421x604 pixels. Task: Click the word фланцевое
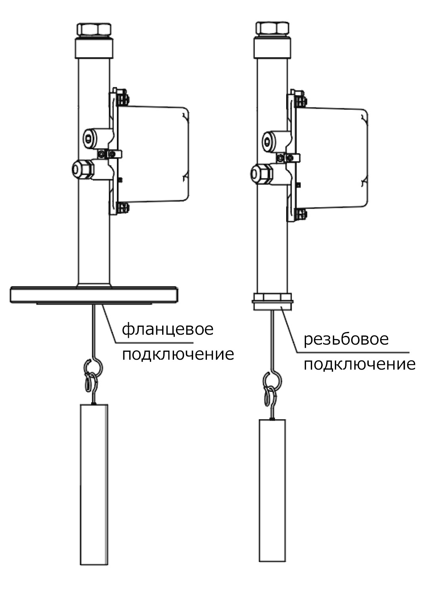(x=168, y=330)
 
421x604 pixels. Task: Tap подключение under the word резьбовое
(x=360, y=364)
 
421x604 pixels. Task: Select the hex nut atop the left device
(x=94, y=29)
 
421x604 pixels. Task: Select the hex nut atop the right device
(x=272, y=27)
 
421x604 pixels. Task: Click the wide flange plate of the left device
(x=94, y=295)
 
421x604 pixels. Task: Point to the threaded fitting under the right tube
(x=272, y=302)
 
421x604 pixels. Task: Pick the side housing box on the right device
(x=332, y=158)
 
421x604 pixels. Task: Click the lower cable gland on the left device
(x=82, y=170)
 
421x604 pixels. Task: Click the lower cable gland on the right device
(x=262, y=174)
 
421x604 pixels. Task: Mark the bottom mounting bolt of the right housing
(x=301, y=213)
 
